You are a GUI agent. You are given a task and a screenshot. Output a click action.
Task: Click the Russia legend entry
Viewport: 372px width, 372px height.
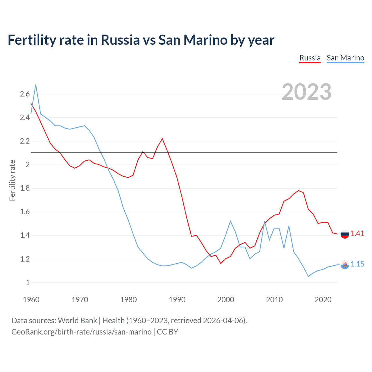coord(310,58)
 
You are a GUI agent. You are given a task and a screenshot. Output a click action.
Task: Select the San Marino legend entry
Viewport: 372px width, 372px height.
coord(345,58)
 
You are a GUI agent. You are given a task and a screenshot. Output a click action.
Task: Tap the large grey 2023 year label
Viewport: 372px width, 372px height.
coord(307,92)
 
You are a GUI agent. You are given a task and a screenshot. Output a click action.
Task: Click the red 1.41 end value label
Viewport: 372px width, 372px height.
coord(357,233)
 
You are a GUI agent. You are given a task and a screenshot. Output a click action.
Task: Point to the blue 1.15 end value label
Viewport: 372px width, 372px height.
coord(357,264)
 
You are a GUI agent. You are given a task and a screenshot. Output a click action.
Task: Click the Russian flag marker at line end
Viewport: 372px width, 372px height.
coord(345,234)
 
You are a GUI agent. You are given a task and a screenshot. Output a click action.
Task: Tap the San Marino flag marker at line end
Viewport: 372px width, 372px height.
coord(345,264)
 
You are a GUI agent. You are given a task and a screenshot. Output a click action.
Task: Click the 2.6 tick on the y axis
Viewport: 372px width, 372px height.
coord(25,94)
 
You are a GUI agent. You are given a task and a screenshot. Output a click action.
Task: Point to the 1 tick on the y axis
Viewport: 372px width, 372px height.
coord(28,282)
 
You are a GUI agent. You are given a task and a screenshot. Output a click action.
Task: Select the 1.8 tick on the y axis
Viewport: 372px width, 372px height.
coord(25,188)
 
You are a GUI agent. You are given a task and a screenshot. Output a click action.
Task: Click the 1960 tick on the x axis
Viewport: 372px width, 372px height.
coord(31,300)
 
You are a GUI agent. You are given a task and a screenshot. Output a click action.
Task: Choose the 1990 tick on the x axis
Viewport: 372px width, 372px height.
coord(177,300)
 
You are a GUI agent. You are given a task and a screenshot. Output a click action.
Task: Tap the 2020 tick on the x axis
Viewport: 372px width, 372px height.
coord(323,300)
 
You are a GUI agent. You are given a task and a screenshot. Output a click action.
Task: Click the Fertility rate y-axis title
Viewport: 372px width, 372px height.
coord(12,180)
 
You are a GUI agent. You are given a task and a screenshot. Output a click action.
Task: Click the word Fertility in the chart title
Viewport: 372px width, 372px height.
coord(32,40)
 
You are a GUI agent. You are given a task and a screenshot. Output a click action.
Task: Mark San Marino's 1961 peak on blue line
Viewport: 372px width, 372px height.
coord(36,85)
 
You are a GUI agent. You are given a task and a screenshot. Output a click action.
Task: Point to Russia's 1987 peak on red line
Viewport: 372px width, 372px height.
coord(162,139)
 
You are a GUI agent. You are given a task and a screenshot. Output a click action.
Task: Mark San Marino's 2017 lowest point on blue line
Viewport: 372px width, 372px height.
coord(308,276)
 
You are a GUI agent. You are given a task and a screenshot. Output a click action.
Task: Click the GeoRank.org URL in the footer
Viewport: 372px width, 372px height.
coord(81,332)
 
